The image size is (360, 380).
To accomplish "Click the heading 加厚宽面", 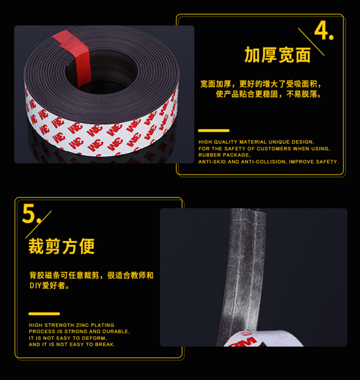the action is click(x=278, y=55).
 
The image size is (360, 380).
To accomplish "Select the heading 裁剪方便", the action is click(x=61, y=246).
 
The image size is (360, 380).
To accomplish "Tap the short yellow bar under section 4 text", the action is click(x=214, y=130).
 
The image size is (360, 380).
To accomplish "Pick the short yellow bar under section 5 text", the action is click(x=44, y=314).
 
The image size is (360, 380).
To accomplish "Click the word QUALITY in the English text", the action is click(x=225, y=142).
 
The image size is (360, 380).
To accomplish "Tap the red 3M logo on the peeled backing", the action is click(x=243, y=340).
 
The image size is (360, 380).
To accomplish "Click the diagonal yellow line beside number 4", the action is click(x=311, y=42).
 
